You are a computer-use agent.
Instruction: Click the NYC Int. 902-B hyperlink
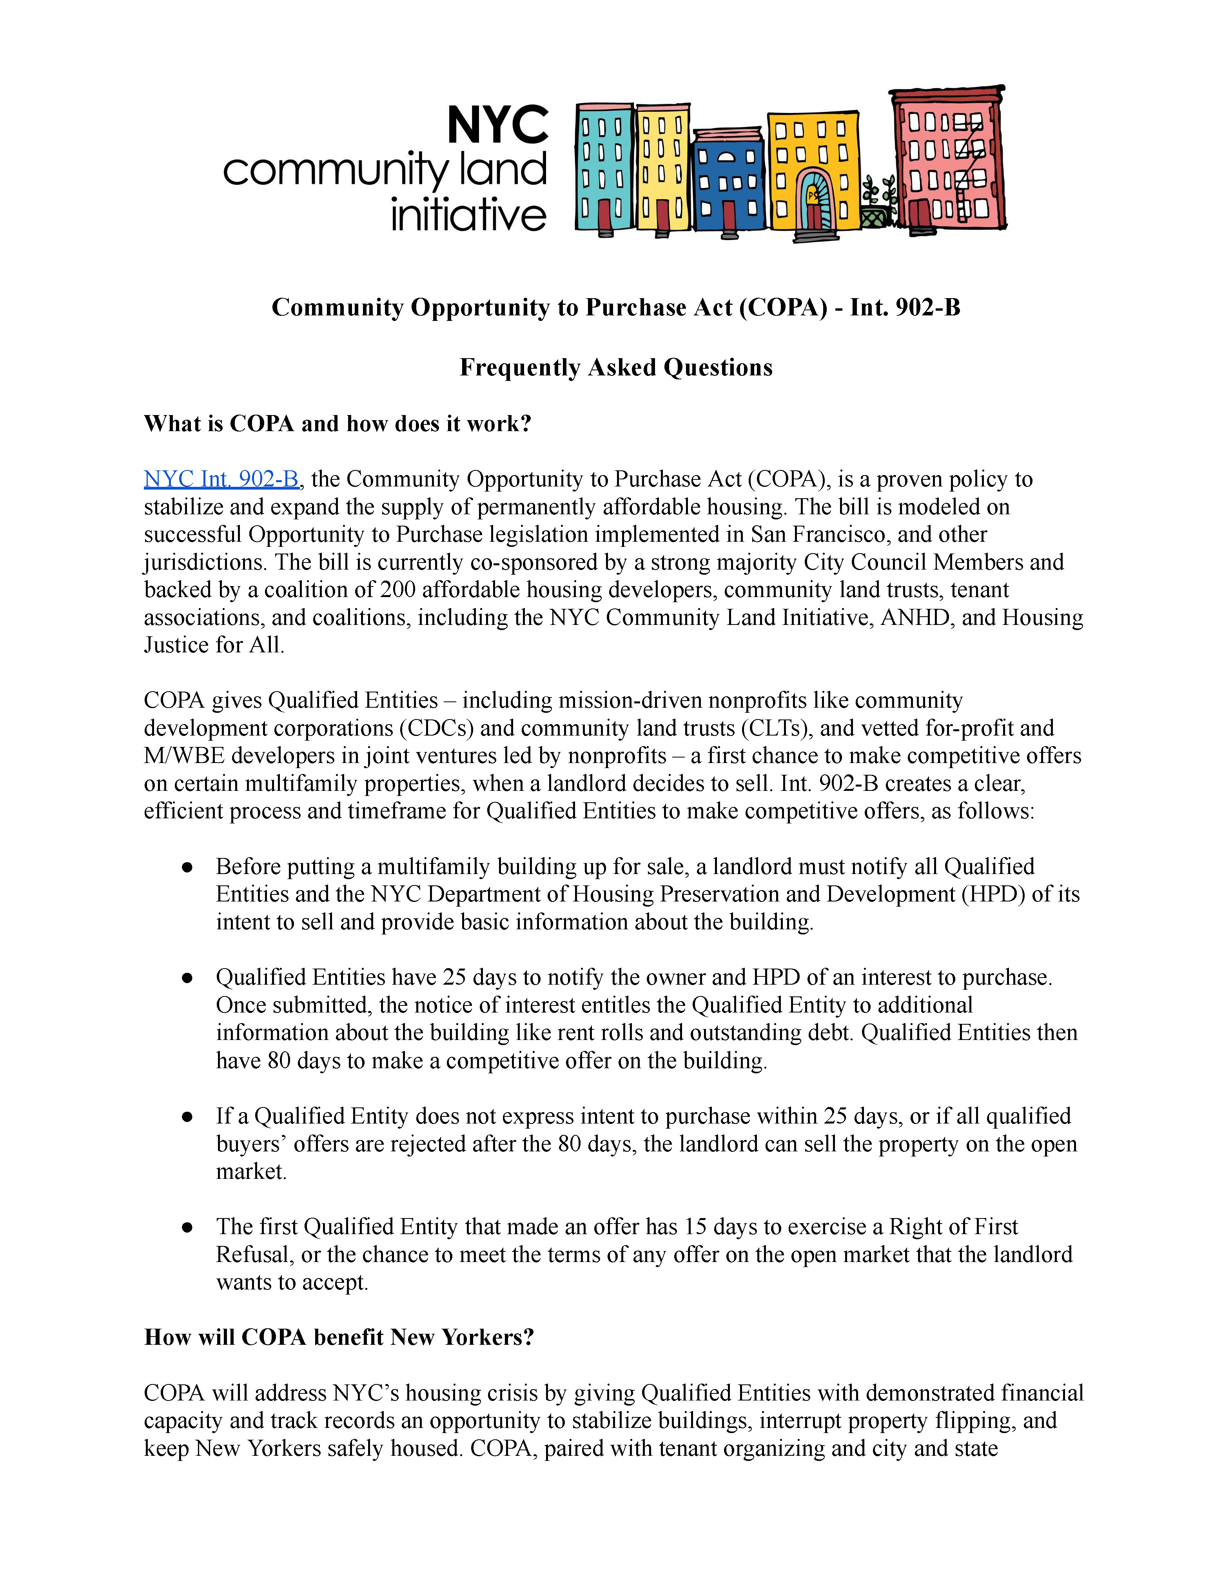[x=221, y=479]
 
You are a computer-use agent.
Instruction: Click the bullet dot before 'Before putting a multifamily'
[x=187, y=867]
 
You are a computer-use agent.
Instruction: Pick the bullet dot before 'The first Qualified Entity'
[x=187, y=1227]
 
